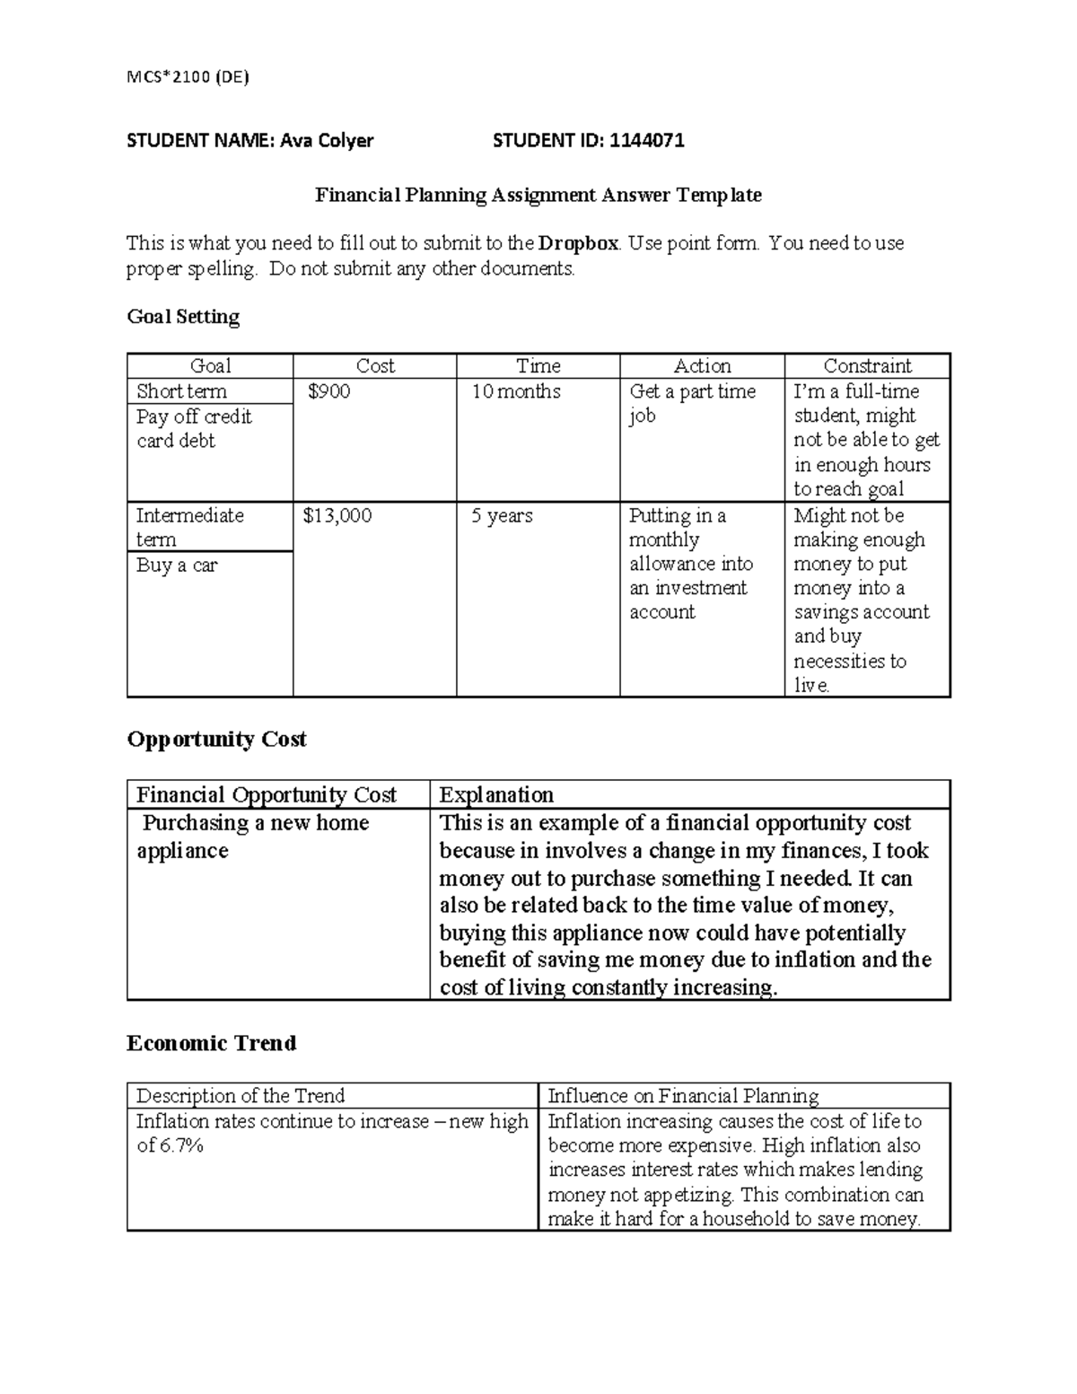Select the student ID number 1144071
point(646,140)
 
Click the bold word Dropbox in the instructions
point(578,243)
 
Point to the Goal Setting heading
point(183,317)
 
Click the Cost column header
point(374,366)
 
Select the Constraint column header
point(867,366)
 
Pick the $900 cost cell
point(328,391)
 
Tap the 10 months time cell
point(516,391)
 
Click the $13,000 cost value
point(337,515)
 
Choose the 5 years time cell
point(502,515)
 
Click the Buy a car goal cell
point(176,565)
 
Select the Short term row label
point(181,391)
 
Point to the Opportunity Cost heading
point(216,739)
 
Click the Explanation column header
point(495,795)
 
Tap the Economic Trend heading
point(211,1043)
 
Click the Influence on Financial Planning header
point(683,1096)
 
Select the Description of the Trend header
point(240,1096)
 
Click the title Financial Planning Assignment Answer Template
point(538,195)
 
